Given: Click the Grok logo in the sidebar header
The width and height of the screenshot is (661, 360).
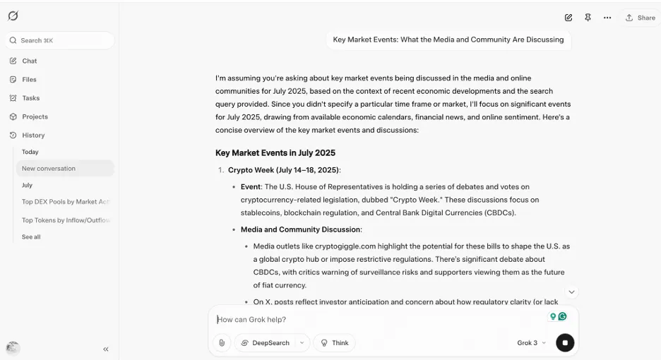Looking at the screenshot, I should click(13, 16).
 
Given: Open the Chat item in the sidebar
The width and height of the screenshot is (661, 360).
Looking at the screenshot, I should click(29, 61).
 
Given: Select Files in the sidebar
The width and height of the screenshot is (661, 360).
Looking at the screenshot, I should click(29, 80).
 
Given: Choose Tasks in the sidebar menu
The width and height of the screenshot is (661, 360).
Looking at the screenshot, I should click(30, 98).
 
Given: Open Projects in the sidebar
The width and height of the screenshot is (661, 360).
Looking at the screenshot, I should click(35, 116).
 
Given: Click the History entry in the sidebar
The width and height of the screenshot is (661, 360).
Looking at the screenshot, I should click(32, 135).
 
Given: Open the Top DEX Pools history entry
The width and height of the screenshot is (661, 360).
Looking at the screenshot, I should click(65, 202).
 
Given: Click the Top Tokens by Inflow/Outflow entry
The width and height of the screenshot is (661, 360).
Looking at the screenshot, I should click(65, 220).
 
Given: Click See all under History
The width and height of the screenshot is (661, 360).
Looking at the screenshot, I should click(31, 237).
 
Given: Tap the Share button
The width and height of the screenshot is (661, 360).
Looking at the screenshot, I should click(640, 18).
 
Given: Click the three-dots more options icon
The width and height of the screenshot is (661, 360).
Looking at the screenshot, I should click(607, 18).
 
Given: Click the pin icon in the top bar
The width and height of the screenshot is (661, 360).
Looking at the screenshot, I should click(588, 18).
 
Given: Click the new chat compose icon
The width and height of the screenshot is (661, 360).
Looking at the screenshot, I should click(568, 18).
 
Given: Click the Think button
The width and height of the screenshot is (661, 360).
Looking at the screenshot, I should click(334, 343).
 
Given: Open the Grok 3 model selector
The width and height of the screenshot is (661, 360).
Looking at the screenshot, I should click(531, 343).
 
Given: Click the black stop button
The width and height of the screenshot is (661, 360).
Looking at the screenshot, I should click(565, 343).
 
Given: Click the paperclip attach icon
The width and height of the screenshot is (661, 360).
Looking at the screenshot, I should click(222, 343).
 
